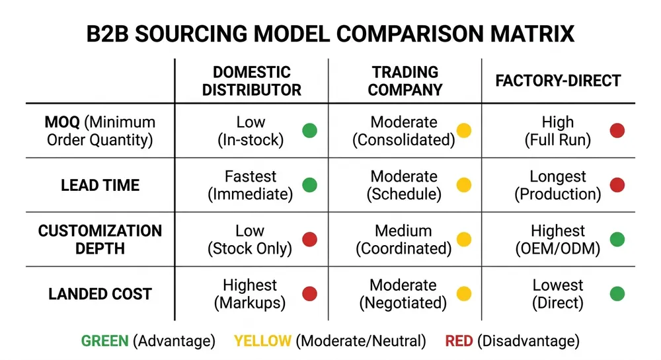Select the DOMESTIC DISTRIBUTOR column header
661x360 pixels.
(251, 81)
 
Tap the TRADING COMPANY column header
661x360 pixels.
(405, 81)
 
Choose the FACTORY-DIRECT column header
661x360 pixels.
(559, 81)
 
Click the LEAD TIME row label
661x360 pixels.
(100, 186)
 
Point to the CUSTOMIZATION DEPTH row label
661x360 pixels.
(100, 240)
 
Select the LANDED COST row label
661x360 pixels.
(100, 294)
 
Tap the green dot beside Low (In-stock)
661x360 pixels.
(309, 131)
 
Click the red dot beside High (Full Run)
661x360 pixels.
(617, 131)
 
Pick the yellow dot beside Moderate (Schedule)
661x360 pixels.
(464, 186)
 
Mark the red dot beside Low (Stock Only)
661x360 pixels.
(309, 240)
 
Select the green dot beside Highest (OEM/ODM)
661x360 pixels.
(617, 240)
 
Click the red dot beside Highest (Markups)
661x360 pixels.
(309, 294)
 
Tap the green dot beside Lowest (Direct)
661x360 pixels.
(617, 294)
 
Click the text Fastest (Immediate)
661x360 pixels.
(250, 186)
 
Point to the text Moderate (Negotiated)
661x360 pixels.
(403, 294)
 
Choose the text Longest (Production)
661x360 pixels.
(558, 186)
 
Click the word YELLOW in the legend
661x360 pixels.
(262, 341)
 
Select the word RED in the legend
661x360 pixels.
(458, 341)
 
